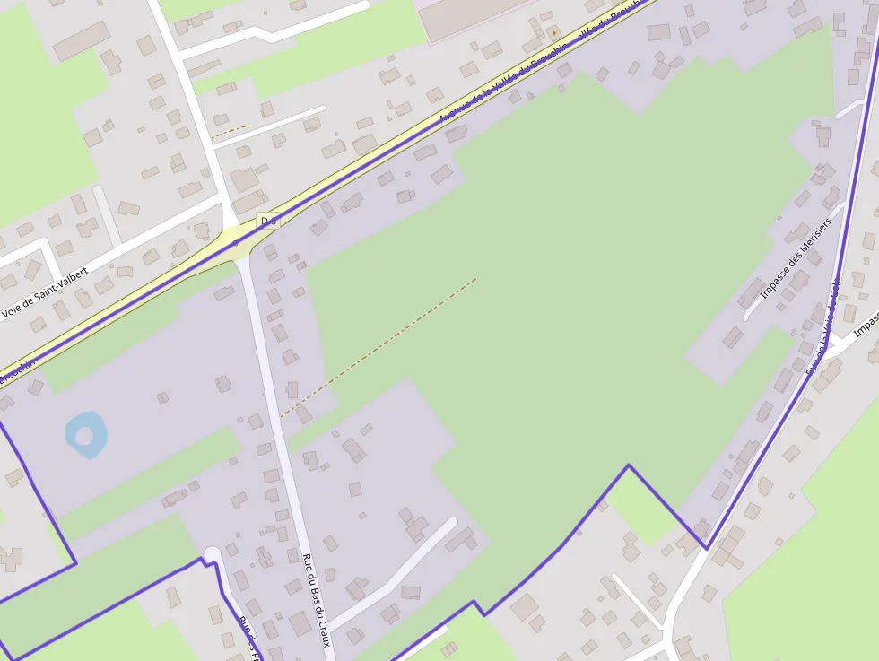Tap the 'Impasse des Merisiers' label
tap(796, 258)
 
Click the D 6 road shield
tap(267, 220)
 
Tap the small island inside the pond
tap(84, 436)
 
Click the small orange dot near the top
tap(554, 33)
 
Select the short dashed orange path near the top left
tap(230, 131)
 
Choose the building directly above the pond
tap(35, 387)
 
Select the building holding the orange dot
tap(554, 33)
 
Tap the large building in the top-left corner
tap(82, 41)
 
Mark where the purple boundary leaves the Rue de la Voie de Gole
tap(707, 547)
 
